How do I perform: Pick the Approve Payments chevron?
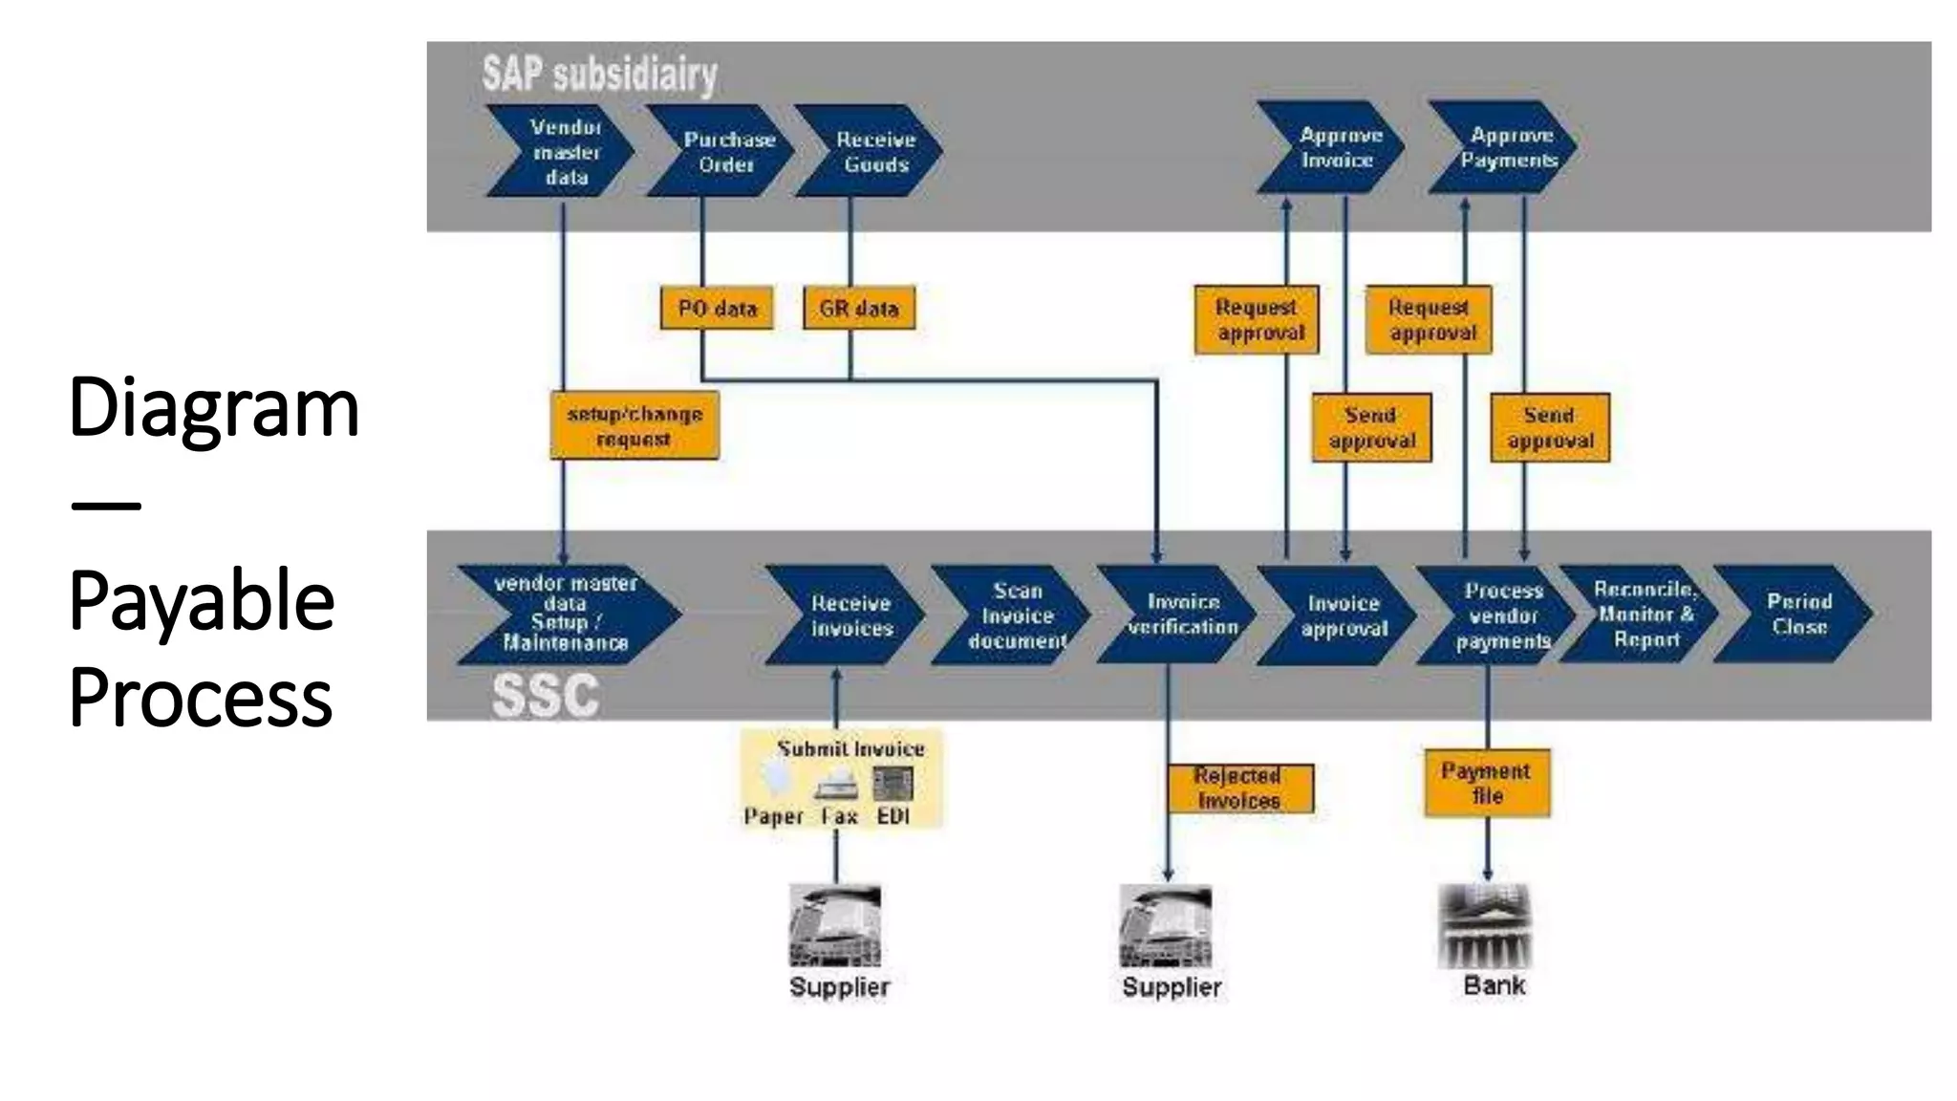tap(1503, 148)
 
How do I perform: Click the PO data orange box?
tap(717, 309)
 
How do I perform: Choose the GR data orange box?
tap(859, 309)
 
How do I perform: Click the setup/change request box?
tap(634, 426)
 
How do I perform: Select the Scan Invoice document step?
tap(1013, 615)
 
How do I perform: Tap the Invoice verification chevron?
tap(1178, 615)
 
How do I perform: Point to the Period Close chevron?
tap(1794, 615)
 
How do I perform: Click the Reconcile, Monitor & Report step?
tap(1639, 615)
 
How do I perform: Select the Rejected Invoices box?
tap(1239, 788)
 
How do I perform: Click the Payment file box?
tap(1487, 784)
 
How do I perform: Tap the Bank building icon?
tap(1485, 926)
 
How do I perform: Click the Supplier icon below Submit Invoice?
tap(835, 925)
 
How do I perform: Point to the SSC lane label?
tap(545, 696)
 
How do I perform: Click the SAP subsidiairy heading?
tap(599, 75)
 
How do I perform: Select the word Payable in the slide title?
tap(202, 600)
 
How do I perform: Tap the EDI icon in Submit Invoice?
tap(892, 785)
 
